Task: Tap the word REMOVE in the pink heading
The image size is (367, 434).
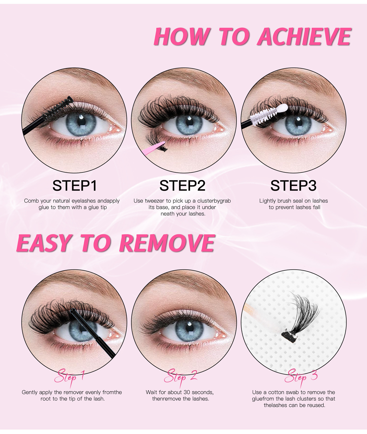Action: (x=167, y=243)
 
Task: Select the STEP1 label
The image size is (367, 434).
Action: (x=75, y=186)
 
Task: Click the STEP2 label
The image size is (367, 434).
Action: (x=182, y=186)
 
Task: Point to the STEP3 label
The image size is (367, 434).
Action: (x=294, y=186)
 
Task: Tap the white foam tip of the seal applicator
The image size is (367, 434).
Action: (x=282, y=108)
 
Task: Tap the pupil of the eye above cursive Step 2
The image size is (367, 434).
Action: (x=188, y=327)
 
